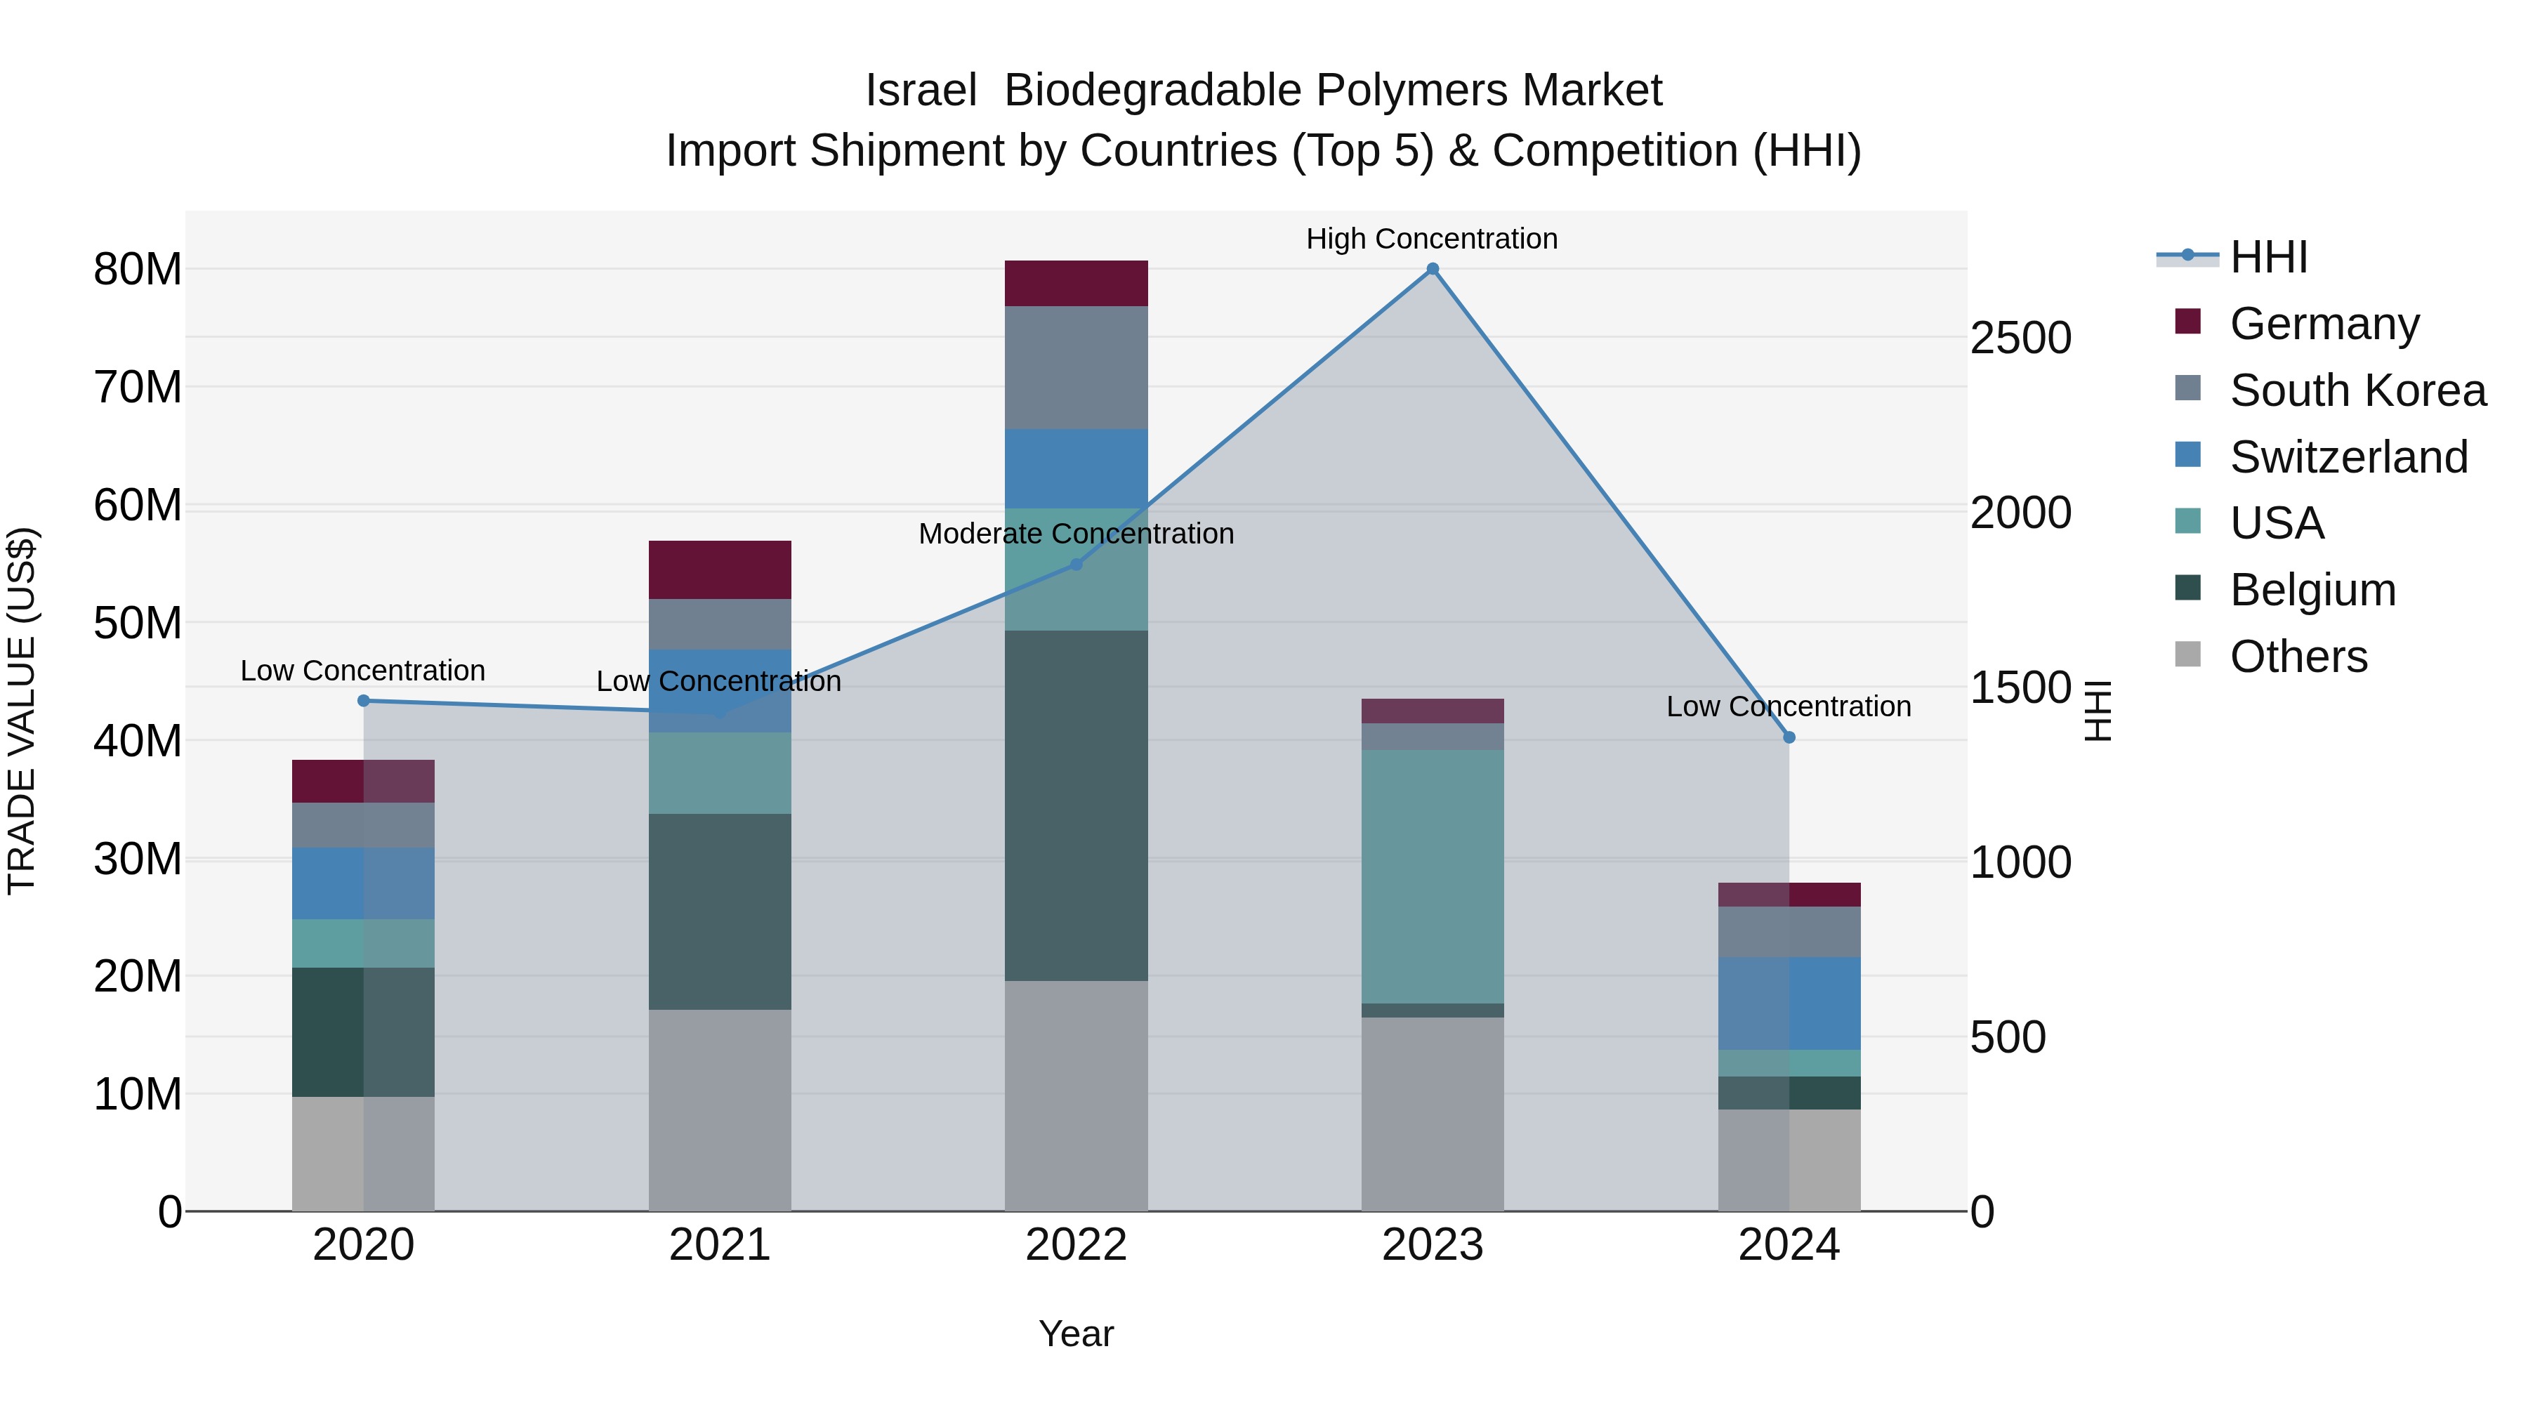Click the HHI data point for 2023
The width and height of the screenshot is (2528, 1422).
click(x=1432, y=269)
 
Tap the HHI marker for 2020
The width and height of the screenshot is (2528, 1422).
click(x=363, y=701)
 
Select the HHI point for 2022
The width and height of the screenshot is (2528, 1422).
click(x=1076, y=565)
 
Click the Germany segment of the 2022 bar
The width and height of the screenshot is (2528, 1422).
click(x=1076, y=284)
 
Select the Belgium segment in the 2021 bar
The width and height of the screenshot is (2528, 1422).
click(x=719, y=911)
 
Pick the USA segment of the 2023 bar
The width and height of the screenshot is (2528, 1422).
click(x=1432, y=876)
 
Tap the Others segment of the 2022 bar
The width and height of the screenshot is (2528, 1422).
click(x=1076, y=1095)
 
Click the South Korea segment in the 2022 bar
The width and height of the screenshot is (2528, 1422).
click(x=1076, y=367)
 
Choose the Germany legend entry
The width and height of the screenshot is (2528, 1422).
click(x=2324, y=324)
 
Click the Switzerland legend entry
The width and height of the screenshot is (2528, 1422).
click(x=2348, y=457)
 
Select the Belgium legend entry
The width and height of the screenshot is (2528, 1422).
click(x=2312, y=590)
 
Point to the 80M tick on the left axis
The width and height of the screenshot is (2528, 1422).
click(x=138, y=270)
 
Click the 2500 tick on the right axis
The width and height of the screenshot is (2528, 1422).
click(x=2020, y=338)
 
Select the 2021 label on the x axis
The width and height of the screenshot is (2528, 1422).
click(x=719, y=1245)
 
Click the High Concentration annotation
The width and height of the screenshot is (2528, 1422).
click(x=1432, y=239)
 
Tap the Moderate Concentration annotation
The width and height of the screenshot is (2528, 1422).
click(x=1076, y=534)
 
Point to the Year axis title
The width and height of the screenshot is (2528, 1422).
click(x=1076, y=1334)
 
